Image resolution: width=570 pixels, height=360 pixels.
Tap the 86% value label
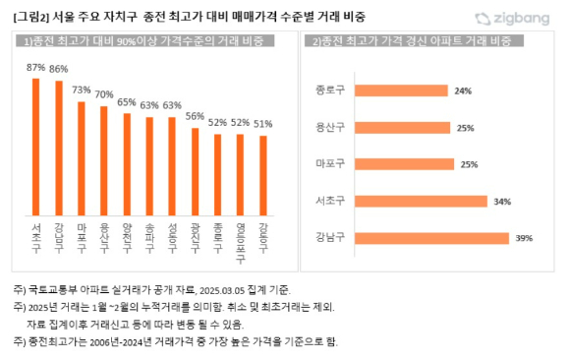coord(58,69)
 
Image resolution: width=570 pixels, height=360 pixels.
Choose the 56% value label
coord(195,117)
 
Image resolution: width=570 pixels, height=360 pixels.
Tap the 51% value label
coord(262,124)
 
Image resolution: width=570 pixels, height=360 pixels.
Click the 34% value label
coord(502,202)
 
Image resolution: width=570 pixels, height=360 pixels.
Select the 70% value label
coord(104,94)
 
